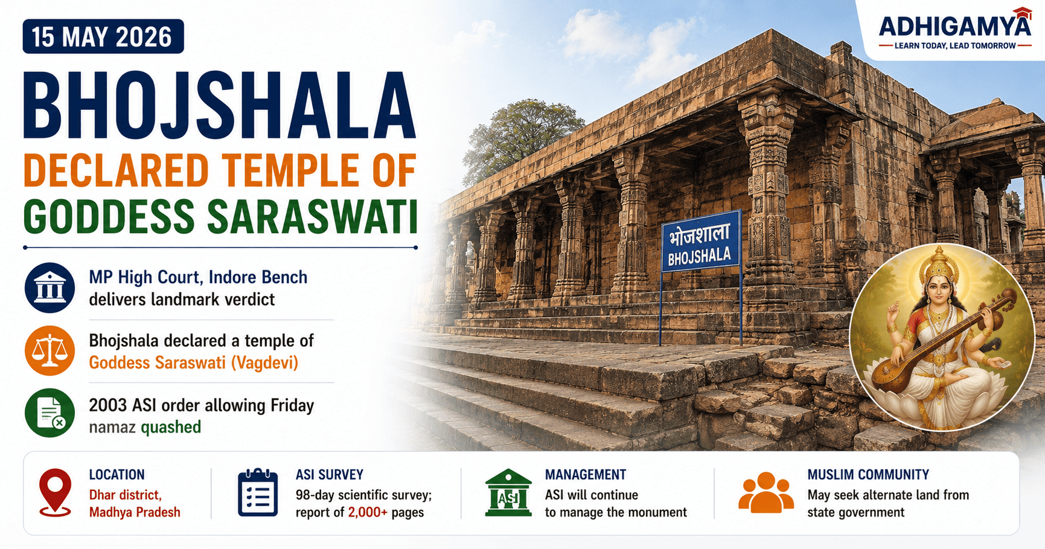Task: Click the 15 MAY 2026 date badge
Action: point(103,37)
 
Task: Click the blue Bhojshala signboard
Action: point(701,242)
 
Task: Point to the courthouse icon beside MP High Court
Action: point(50,287)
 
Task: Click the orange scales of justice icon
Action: point(50,351)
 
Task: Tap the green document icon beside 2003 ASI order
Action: point(50,413)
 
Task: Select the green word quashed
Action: point(171,427)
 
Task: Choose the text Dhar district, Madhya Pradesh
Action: point(135,504)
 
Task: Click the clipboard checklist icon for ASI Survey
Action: point(258,492)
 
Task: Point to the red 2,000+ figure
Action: point(368,513)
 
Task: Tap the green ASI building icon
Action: point(508,493)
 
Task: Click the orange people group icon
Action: point(766,492)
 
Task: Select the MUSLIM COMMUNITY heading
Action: point(868,475)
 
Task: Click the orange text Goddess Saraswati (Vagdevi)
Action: point(194,363)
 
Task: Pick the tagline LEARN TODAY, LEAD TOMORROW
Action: point(955,46)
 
